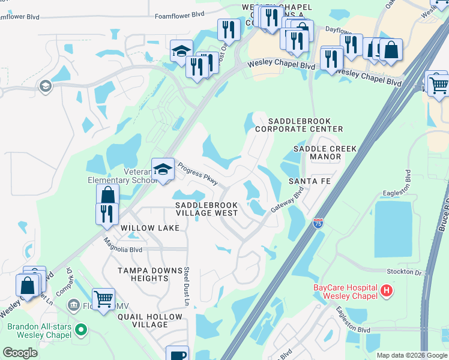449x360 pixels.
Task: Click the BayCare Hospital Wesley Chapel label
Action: point(345,292)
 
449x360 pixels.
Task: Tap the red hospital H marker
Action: point(387,292)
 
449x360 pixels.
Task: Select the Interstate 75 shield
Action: point(318,224)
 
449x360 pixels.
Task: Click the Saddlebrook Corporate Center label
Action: point(298,125)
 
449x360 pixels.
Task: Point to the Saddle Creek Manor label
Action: point(325,152)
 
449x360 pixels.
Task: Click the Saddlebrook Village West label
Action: point(206,209)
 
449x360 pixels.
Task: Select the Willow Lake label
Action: point(150,229)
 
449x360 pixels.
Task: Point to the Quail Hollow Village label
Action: point(150,320)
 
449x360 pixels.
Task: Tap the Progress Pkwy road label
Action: point(197,173)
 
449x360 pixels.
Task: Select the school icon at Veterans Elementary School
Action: point(163,170)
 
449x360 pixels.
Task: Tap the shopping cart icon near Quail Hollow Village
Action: point(103,298)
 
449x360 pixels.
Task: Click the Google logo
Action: point(20,352)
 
